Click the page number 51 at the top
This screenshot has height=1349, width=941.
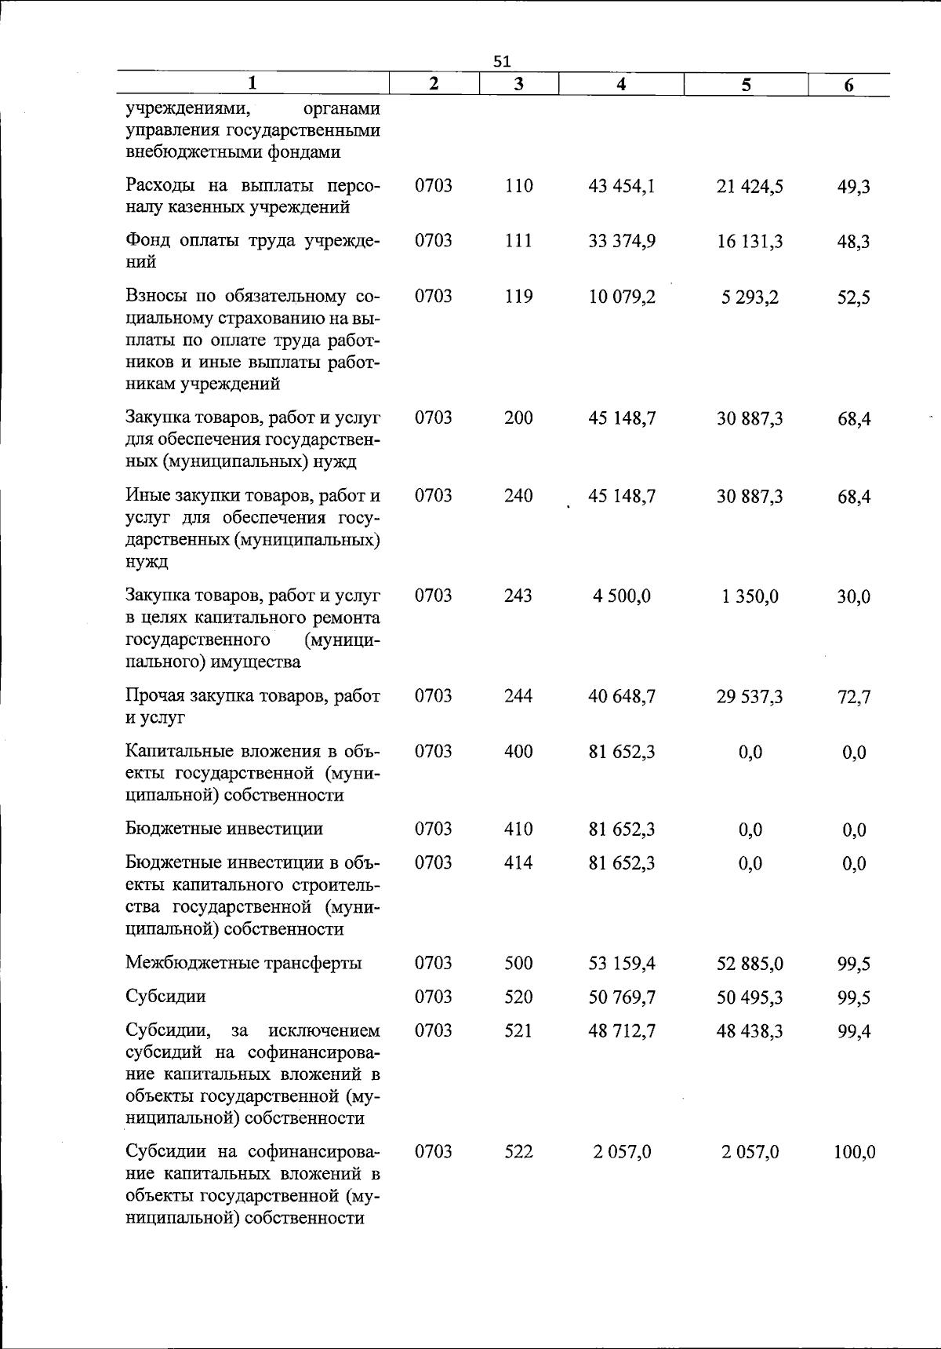tap(503, 60)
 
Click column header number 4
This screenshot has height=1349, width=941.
tap(621, 85)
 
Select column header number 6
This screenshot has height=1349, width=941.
tap(849, 86)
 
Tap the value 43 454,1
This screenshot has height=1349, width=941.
tap(622, 186)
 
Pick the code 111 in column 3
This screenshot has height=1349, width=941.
tap(518, 241)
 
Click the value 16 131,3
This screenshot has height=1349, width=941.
tap(750, 242)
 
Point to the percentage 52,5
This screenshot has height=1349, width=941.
tap(853, 297)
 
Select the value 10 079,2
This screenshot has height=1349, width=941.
tap(622, 297)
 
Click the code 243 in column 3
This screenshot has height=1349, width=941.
tap(518, 596)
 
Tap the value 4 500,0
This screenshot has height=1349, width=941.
tap(622, 596)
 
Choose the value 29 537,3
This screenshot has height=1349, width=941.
tap(750, 697)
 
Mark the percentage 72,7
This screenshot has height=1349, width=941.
tap(853, 697)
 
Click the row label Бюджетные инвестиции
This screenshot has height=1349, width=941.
tap(224, 829)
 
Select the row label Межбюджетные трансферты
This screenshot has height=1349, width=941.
tap(244, 963)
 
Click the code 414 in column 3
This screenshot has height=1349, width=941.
tap(518, 863)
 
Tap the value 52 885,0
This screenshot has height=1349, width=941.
tap(750, 964)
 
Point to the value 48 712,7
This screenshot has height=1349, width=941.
tap(622, 1030)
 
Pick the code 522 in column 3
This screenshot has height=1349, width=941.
tap(518, 1151)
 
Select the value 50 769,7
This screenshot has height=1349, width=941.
tap(622, 997)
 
